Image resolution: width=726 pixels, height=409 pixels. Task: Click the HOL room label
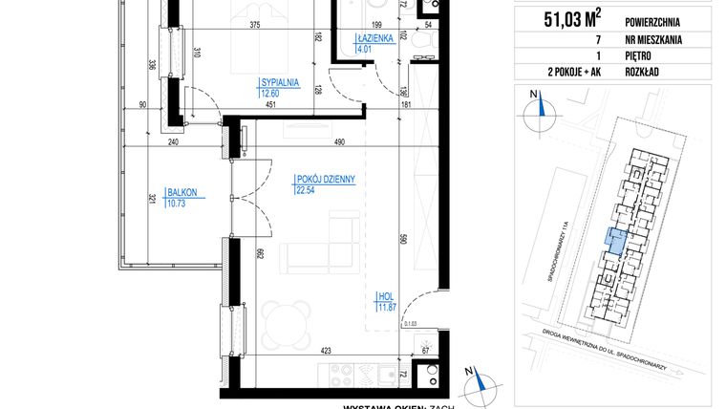[384, 295]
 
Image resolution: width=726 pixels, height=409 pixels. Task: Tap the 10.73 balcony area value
[179, 203]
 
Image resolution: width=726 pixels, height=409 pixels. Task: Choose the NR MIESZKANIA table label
[651, 39]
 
